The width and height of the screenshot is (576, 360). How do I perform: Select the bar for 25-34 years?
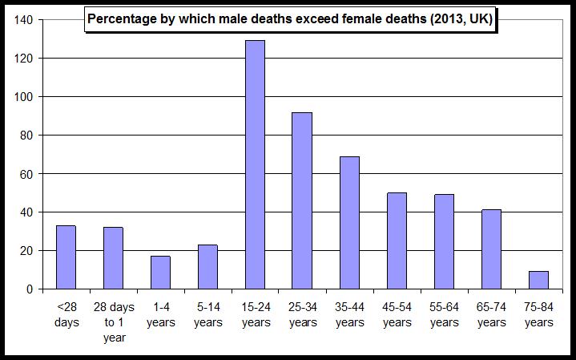pyautogui.click(x=302, y=200)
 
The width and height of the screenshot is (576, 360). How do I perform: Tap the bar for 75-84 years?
pyautogui.click(x=538, y=280)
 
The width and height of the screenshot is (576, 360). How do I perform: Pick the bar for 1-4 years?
pyautogui.click(x=160, y=273)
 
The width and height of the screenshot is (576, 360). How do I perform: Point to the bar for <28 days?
pyautogui.click(x=66, y=257)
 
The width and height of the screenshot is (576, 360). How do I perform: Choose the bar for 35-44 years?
pyautogui.click(x=349, y=223)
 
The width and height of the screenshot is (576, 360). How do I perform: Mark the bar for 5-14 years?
pyautogui.click(x=207, y=266)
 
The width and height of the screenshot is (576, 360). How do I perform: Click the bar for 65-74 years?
pyautogui.click(x=491, y=249)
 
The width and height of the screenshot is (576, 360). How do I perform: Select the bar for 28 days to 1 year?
pyautogui.click(x=113, y=258)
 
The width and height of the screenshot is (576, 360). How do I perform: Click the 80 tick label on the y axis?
pyautogui.click(x=25, y=136)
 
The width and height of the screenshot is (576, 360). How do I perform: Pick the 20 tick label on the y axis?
pyautogui.click(x=25, y=251)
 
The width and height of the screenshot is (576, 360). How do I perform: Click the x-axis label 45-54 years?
pyautogui.click(x=397, y=316)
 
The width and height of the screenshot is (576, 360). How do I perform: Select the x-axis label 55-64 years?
pyautogui.click(x=444, y=316)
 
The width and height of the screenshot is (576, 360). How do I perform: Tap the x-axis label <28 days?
pyautogui.click(x=66, y=316)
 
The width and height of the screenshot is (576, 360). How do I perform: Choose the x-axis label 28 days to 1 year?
pyautogui.click(x=113, y=323)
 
